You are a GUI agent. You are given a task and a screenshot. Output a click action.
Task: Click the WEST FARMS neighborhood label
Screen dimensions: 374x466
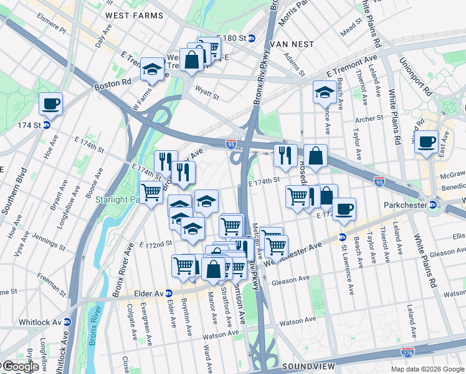[130, 15]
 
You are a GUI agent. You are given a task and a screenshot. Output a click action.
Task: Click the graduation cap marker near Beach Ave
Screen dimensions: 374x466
[325, 92]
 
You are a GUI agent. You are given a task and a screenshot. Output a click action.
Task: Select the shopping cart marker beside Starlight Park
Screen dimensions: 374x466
[151, 192]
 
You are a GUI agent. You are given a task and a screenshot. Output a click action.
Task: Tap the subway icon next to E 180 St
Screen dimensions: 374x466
[252, 38]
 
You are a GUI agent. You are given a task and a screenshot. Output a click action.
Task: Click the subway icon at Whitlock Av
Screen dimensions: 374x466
[67, 322]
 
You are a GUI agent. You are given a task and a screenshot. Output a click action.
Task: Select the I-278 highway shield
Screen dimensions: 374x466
[408, 353]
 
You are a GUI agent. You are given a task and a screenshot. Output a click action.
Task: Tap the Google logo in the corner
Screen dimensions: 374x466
[20, 367]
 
